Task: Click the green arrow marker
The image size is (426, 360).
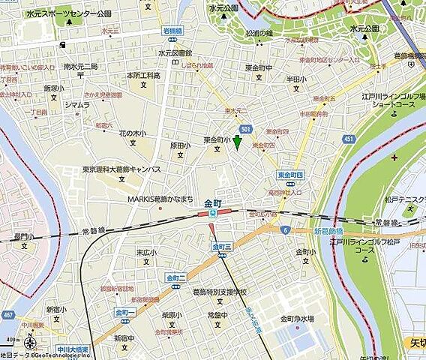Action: pos(238,142)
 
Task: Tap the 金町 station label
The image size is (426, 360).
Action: pos(212,202)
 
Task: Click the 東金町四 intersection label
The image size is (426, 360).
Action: pos(289,175)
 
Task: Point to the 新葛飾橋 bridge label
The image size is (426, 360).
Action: pos(327,231)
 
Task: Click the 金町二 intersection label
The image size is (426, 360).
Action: pos(176,277)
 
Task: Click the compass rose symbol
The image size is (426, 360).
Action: pos(29,343)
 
